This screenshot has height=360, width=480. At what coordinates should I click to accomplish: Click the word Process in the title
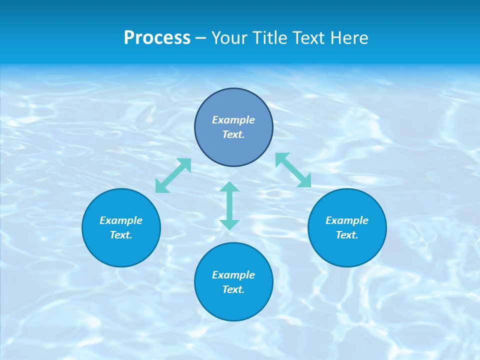pos(157,38)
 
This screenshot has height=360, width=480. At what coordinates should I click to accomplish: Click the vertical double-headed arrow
pos(229,205)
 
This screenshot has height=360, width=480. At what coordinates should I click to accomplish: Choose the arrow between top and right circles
pos(293,170)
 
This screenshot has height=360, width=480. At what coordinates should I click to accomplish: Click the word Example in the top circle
pos(233,120)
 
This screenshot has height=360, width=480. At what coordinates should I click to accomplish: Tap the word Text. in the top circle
pos(233,134)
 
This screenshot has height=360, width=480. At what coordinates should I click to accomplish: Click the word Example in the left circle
pos(121,220)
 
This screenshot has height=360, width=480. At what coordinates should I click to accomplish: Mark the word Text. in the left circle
pos(121,235)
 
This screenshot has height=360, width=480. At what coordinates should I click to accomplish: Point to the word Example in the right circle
pos(347,220)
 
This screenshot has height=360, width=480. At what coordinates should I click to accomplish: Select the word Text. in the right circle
pos(347,235)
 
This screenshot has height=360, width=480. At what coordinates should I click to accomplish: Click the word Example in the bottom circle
pos(233,275)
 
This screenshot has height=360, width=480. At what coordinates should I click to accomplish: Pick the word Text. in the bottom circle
pos(233,289)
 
